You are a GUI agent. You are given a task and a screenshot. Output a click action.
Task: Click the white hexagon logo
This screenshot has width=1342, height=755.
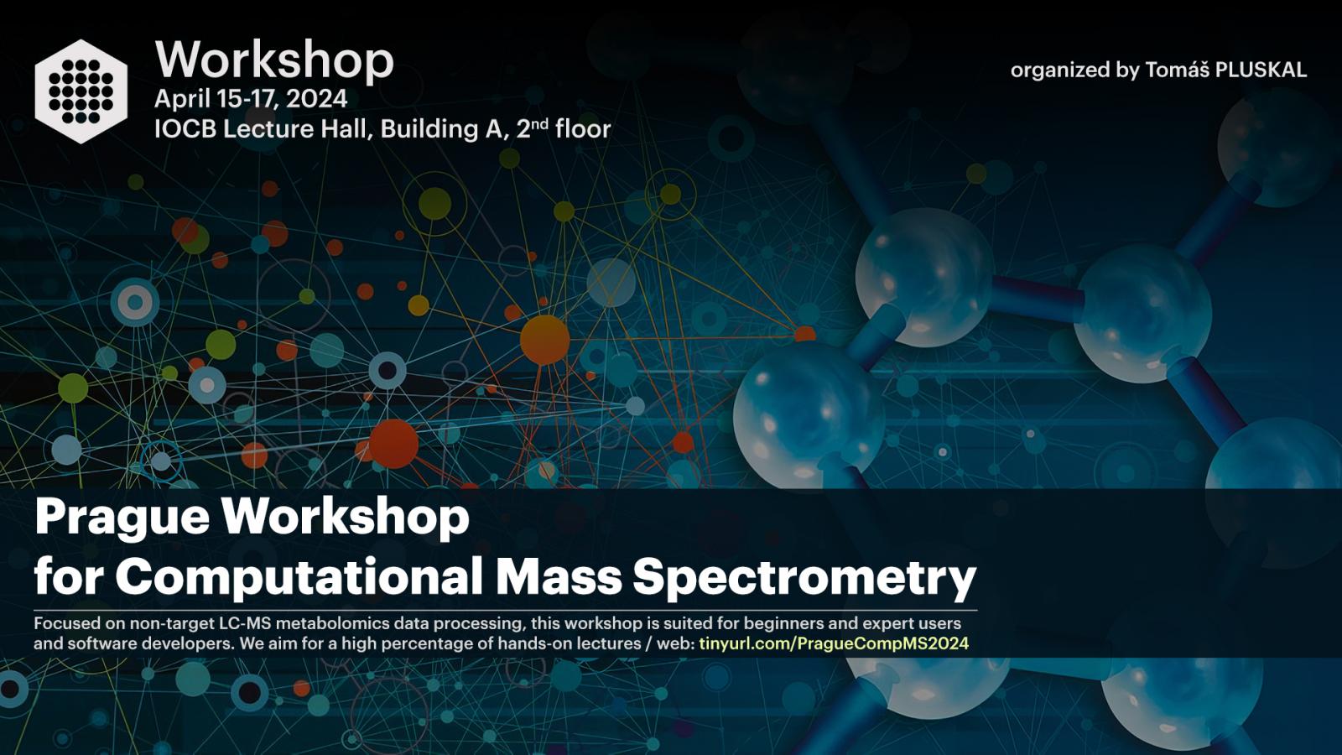point(81,91)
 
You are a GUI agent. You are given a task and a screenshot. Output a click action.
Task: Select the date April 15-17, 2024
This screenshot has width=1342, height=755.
point(251,99)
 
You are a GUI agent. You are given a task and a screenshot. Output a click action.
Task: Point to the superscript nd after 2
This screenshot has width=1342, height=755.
point(540,123)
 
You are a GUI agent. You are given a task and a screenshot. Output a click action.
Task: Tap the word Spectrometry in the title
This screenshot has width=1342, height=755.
point(804,578)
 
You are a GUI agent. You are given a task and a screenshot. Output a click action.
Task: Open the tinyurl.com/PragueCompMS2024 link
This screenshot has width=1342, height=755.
point(834,644)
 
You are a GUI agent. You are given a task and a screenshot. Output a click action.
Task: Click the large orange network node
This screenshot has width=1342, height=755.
point(544,340)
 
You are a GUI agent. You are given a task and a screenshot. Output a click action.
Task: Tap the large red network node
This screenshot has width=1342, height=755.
point(393,444)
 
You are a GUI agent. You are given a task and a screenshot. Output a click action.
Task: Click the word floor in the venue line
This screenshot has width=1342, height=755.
point(583,129)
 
